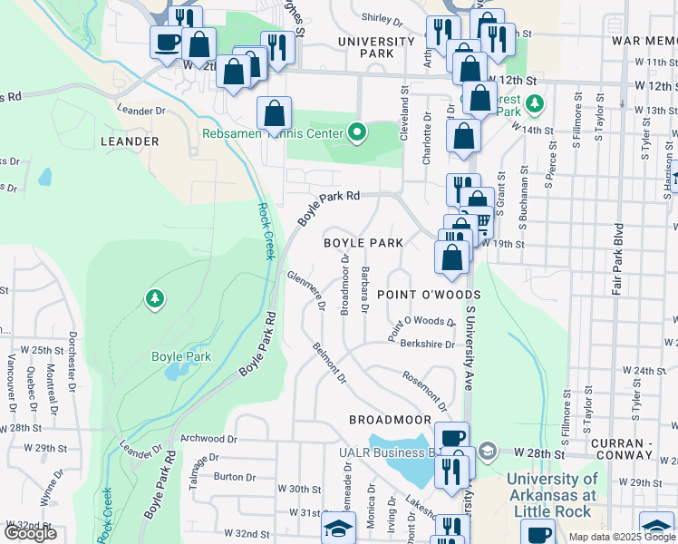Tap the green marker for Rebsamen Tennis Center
357,134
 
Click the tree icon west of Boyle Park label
155,298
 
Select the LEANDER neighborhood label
130,141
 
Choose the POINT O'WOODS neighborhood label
428,295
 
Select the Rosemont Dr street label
424,389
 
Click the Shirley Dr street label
382,18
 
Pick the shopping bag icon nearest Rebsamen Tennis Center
274,114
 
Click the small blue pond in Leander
44,176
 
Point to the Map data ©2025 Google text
622,536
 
